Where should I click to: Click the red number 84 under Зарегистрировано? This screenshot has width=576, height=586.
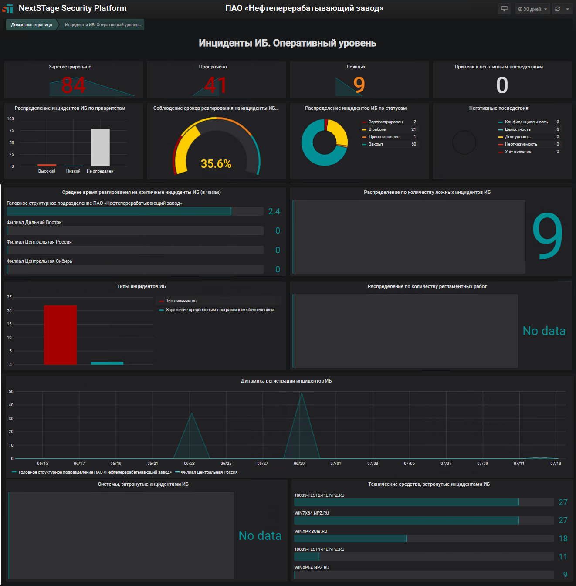pos(73,85)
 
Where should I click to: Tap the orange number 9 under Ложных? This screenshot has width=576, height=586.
pos(359,85)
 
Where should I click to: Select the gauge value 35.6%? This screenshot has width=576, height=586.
pos(216,164)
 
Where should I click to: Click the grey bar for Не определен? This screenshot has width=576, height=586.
pos(100,147)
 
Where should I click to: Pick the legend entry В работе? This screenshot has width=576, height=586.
pos(377,129)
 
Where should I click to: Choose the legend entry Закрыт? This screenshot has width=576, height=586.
pos(376,144)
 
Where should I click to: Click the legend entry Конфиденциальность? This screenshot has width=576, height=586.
pos(526,122)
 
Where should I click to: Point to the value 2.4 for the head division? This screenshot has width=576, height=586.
pos(274,212)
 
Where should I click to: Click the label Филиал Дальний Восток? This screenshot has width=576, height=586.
pos(34,223)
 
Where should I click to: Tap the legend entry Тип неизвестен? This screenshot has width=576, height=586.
pos(181,301)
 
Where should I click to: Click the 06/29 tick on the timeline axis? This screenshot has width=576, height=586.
pos(299,464)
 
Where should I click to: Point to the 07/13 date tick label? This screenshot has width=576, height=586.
pos(556,464)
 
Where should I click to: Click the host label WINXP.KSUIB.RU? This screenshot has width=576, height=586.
pos(311,532)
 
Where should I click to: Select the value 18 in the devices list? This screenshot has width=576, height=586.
pos(563,539)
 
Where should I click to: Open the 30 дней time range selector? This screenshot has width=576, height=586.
pos(532,9)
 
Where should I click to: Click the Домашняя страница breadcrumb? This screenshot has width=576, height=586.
pos(31,25)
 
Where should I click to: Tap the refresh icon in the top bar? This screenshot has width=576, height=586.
pos(557,9)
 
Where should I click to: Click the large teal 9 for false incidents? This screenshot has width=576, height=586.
pos(547,236)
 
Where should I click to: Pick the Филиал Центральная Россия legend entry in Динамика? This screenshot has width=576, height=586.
pos(209,472)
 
